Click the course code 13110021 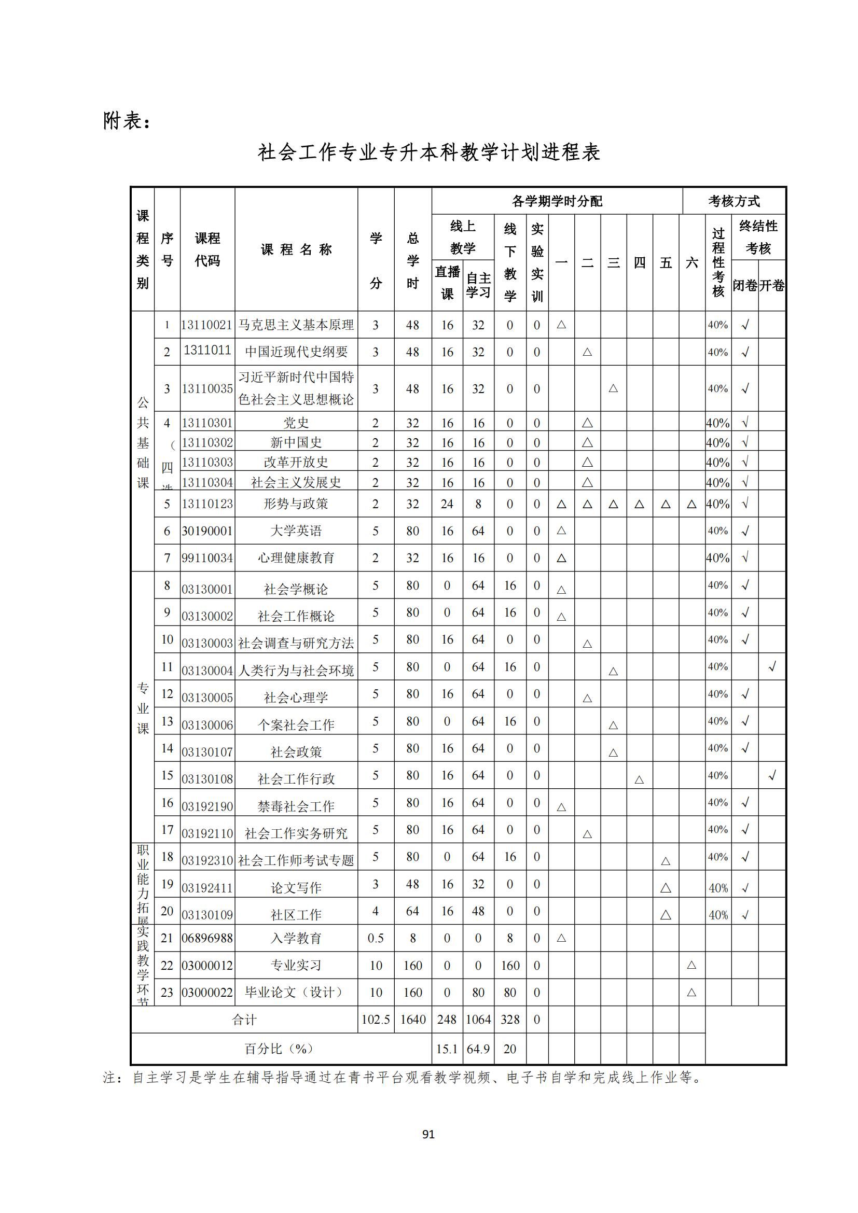coord(207,325)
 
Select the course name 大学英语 coord(296,531)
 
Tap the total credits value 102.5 coord(376,1019)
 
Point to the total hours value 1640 coord(412,1019)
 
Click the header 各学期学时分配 coord(557,201)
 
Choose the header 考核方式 coord(734,201)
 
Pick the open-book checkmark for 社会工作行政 coord(772,775)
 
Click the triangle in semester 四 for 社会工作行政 coord(639,779)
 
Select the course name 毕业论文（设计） coord(296,992)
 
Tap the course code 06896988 coord(207,938)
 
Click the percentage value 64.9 coord(478,1049)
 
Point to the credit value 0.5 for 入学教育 coord(376,938)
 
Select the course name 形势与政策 coord(296,504)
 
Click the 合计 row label coord(244,1019)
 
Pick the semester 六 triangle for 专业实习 coord(691,965)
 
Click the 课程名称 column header coord(296,249)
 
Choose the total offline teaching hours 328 coord(510,1019)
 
